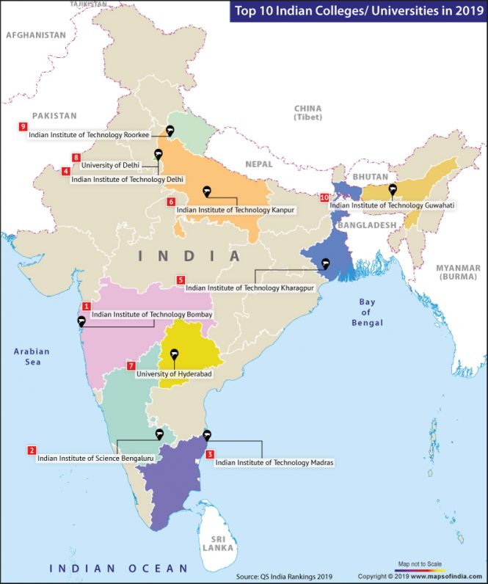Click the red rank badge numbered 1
pyautogui.click(x=87, y=306)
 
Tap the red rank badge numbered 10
pyautogui.click(x=324, y=197)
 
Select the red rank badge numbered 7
pyautogui.click(x=131, y=365)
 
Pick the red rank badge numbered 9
pyautogui.click(x=23, y=126)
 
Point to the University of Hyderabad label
pyautogui.click(x=174, y=374)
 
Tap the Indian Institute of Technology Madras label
pyautogui.click(x=274, y=463)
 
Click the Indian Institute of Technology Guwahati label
pyautogui.click(x=393, y=205)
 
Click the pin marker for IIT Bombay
pyautogui.click(x=81, y=321)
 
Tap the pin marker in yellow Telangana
pyautogui.click(x=175, y=355)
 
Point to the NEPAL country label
pyautogui.click(x=258, y=164)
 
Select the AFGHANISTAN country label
pyautogui.click(x=34, y=34)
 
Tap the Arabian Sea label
pyautogui.click(x=32, y=357)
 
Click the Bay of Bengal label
pyautogui.click(x=366, y=312)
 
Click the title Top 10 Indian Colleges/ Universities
pyautogui.click(x=357, y=11)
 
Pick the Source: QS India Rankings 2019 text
pyautogui.click(x=284, y=576)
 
